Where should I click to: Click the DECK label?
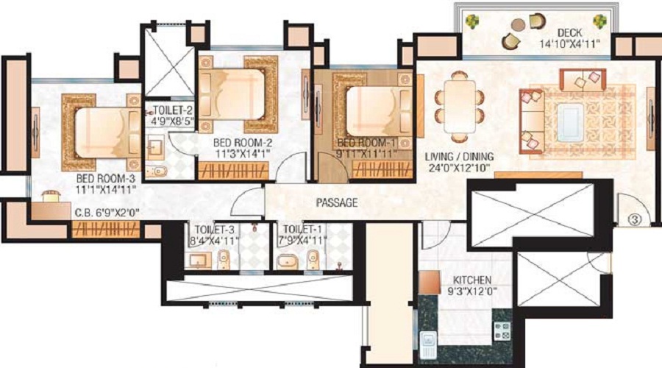pyautogui.click(x=569, y=32)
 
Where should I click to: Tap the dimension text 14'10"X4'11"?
pyautogui.click(x=569, y=43)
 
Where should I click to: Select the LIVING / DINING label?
pyautogui.click(x=459, y=157)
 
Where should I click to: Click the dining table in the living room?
pyautogui.click(x=460, y=107)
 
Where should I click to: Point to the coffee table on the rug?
pyautogui.click(x=570, y=122)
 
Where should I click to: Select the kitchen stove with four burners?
pyautogui.click(x=502, y=330)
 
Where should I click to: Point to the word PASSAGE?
pyautogui.click(x=337, y=203)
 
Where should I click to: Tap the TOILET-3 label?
pyautogui.click(x=215, y=230)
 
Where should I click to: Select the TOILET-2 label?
pyautogui.click(x=173, y=110)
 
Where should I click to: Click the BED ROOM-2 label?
pyautogui.click(x=242, y=143)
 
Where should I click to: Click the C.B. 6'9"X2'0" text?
pyautogui.click(x=107, y=213)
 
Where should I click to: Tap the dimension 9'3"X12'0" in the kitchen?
pyautogui.click(x=472, y=291)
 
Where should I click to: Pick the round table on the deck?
pyautogui.click(x=518, y=25)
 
